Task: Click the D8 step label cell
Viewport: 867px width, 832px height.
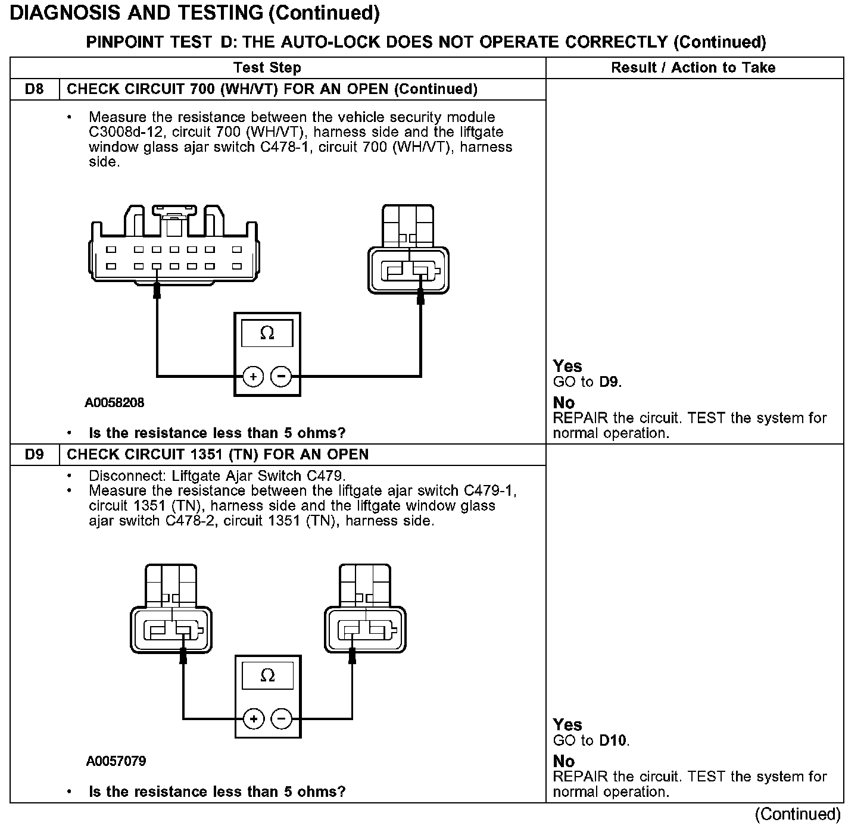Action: (35, 89)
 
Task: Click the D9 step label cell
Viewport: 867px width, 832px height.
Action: (35, 455)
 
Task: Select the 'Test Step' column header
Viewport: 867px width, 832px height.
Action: (267, 68)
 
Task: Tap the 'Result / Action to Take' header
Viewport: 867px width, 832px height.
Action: (693, 68)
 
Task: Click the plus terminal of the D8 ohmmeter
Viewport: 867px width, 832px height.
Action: (253, 377)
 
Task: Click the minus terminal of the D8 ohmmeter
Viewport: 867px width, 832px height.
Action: (281, 377)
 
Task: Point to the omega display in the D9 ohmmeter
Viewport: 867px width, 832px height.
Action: (268, 676)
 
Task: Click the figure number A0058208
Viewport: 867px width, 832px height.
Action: (114, 403)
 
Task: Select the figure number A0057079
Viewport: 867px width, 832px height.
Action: (116, 761)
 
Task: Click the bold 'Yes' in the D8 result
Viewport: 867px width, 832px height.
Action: (567, 366)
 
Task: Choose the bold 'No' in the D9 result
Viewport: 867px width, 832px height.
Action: (563, 761)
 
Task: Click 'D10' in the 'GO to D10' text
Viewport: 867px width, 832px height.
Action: (614, 741)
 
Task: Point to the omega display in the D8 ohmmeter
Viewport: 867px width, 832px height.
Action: (267, 334)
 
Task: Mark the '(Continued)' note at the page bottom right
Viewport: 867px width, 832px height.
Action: (797, 814)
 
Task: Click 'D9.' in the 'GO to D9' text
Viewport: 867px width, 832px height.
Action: (610, 382)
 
